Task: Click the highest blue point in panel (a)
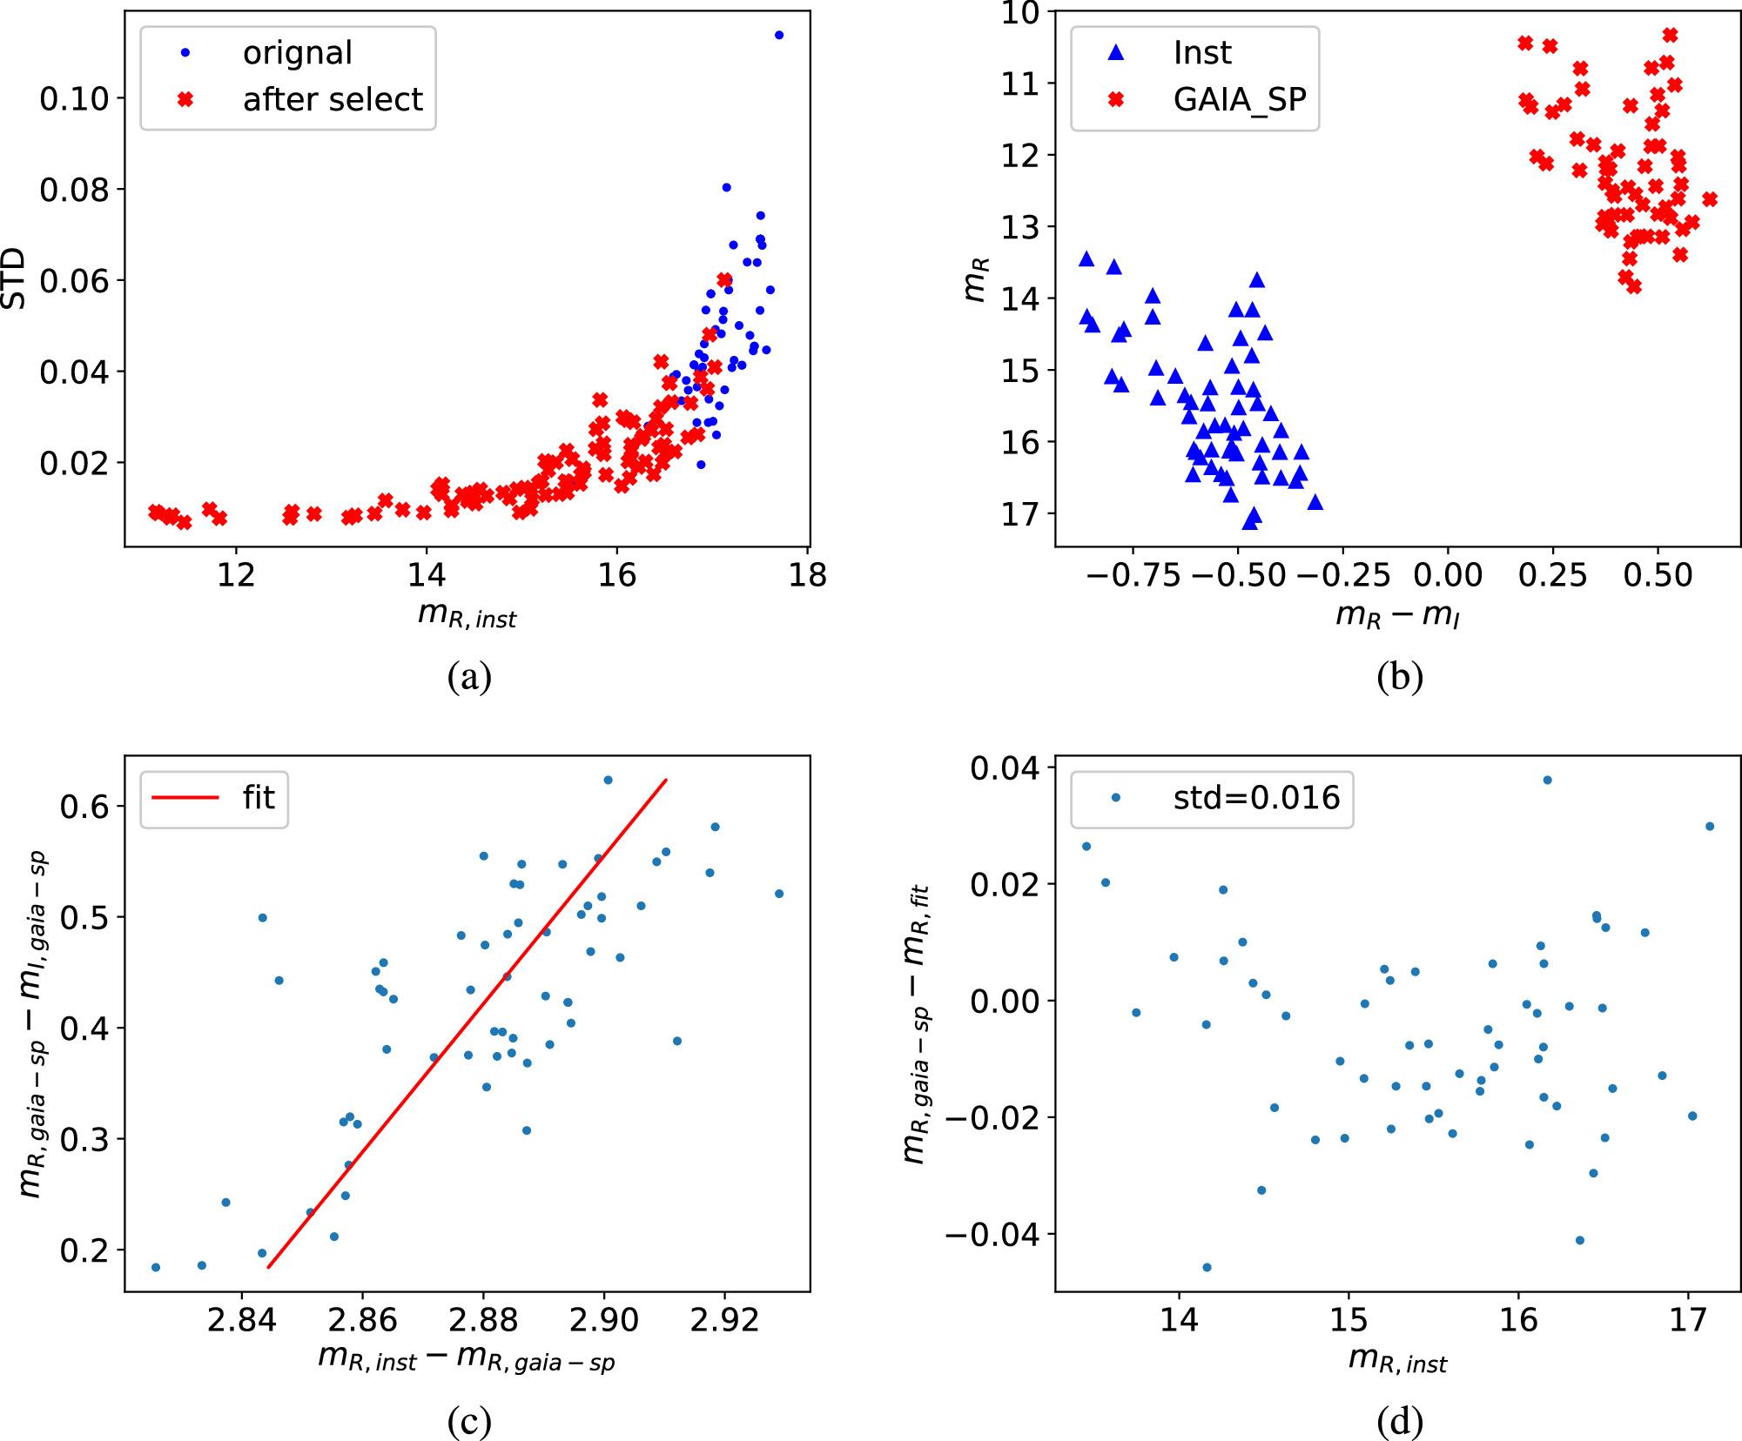[779, 35]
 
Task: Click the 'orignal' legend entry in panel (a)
[297, 53]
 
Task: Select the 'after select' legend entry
[332, 100]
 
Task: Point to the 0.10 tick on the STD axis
[75, 98]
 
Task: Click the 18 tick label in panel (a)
[807, 575]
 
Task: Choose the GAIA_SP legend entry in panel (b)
[1239, 100]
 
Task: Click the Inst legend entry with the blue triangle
[1201, 53]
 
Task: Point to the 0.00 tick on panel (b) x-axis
[1448, 575]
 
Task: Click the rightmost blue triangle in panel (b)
[1315, 502]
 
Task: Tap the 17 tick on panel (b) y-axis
[1019, 514]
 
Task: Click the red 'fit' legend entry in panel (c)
[258, 798]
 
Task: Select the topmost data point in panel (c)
[608, 780]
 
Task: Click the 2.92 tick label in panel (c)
[724, 1320]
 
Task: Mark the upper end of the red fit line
[666, 780]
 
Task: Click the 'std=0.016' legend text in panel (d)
[1255, 798]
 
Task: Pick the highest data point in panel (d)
[1547, 780]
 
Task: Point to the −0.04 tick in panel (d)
[993, 1234]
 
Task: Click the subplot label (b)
[1399, 676]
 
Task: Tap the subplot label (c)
[469, 1421]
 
